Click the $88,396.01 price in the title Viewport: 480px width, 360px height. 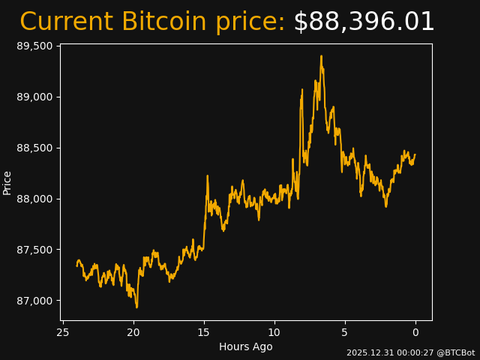[364, 22]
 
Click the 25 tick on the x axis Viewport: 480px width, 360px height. [63, 332]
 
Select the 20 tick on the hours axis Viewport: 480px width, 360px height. [133, 332]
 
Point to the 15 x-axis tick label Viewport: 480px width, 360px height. [204, 332]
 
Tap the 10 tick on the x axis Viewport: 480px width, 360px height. [274, 332]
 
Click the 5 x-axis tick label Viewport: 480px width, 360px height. [345, 332]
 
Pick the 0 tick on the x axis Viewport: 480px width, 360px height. [415, 332]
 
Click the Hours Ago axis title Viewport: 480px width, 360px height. [245, 346]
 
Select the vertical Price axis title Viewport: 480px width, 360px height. [7, 183]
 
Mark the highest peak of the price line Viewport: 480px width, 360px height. [321, 56]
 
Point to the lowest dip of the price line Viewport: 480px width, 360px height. [136, 307]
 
